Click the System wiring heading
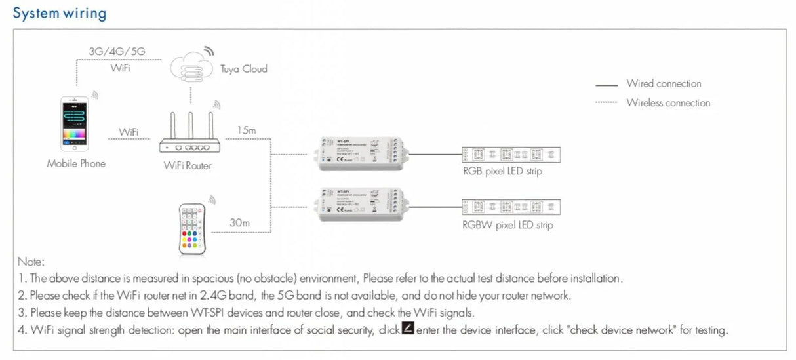pos(59,13)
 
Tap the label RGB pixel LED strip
pos(502,171)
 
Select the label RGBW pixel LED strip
pos(507,225)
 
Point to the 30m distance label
pos(239,223)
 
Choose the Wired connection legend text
pos(664,84)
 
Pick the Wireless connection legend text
pos(668,103)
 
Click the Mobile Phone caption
pos(75,163)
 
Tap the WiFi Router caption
pos(188,166)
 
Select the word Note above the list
pos(31,261)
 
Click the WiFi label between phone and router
pos(129,132)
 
